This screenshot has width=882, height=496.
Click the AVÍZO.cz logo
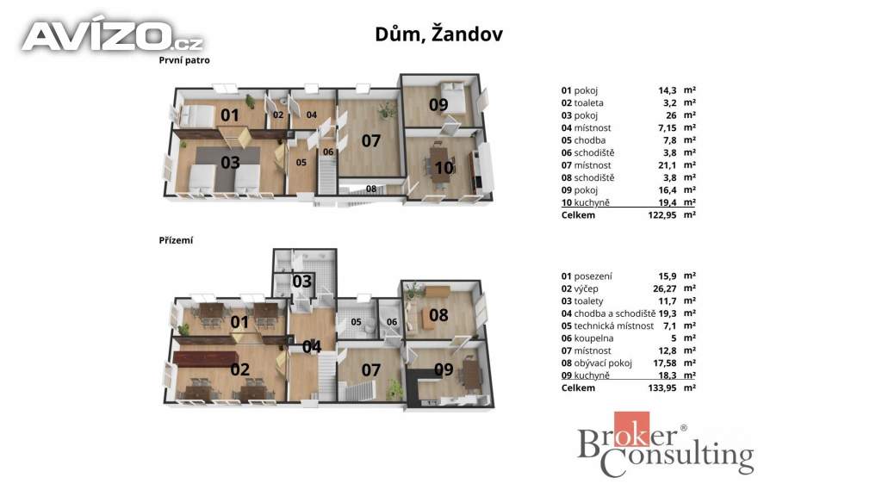113,36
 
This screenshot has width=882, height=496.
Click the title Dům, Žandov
438,34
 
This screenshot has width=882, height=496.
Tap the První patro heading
184,60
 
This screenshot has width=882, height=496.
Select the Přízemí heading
176,240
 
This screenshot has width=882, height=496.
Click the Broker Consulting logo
666,445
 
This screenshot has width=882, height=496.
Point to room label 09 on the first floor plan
438,104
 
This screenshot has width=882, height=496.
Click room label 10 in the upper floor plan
444,167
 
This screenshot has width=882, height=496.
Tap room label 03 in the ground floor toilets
302,282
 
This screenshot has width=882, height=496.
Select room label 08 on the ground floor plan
438,315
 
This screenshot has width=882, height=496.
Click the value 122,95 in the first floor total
662,214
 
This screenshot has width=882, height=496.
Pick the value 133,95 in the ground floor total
662,387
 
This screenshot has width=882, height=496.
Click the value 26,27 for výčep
664,288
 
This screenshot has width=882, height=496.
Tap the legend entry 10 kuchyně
585,202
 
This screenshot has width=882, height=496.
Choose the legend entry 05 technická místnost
607,325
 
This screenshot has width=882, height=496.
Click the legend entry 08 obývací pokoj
596,363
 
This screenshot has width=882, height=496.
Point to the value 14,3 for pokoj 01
668,90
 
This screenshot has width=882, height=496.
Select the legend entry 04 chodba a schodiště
608,313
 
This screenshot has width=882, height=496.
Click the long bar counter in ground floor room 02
207,358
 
